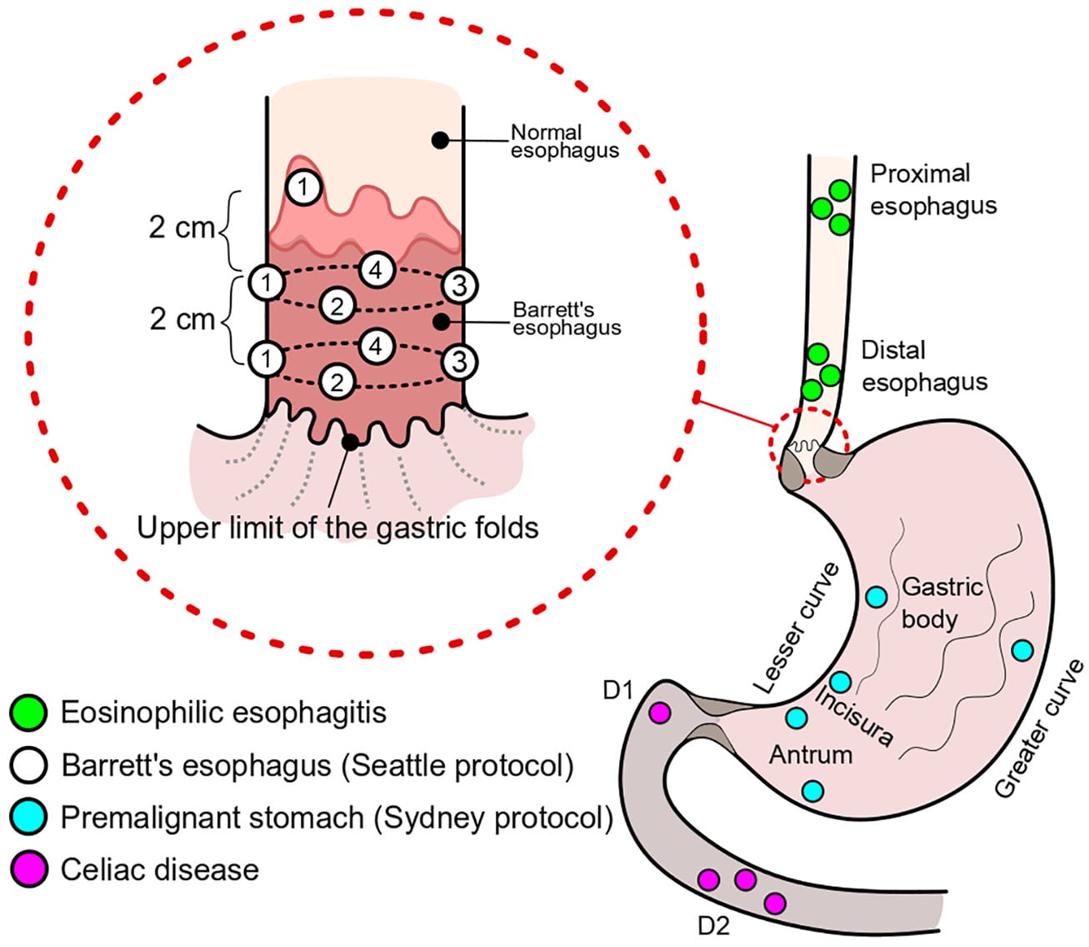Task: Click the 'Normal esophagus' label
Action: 564,141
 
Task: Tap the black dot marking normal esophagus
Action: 438,140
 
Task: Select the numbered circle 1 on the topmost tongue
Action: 303,187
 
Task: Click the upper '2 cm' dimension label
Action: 182,228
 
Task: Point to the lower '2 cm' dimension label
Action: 182,318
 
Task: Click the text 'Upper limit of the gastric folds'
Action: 337,527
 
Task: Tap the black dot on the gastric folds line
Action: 351,442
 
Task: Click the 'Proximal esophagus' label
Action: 932,189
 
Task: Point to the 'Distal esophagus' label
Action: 923,366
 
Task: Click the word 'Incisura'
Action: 854,715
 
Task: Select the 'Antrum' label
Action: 810,754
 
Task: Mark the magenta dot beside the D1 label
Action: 660,713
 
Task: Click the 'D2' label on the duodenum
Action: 713,925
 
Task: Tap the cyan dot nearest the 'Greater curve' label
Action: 1022,649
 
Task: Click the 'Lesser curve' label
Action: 797,628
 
